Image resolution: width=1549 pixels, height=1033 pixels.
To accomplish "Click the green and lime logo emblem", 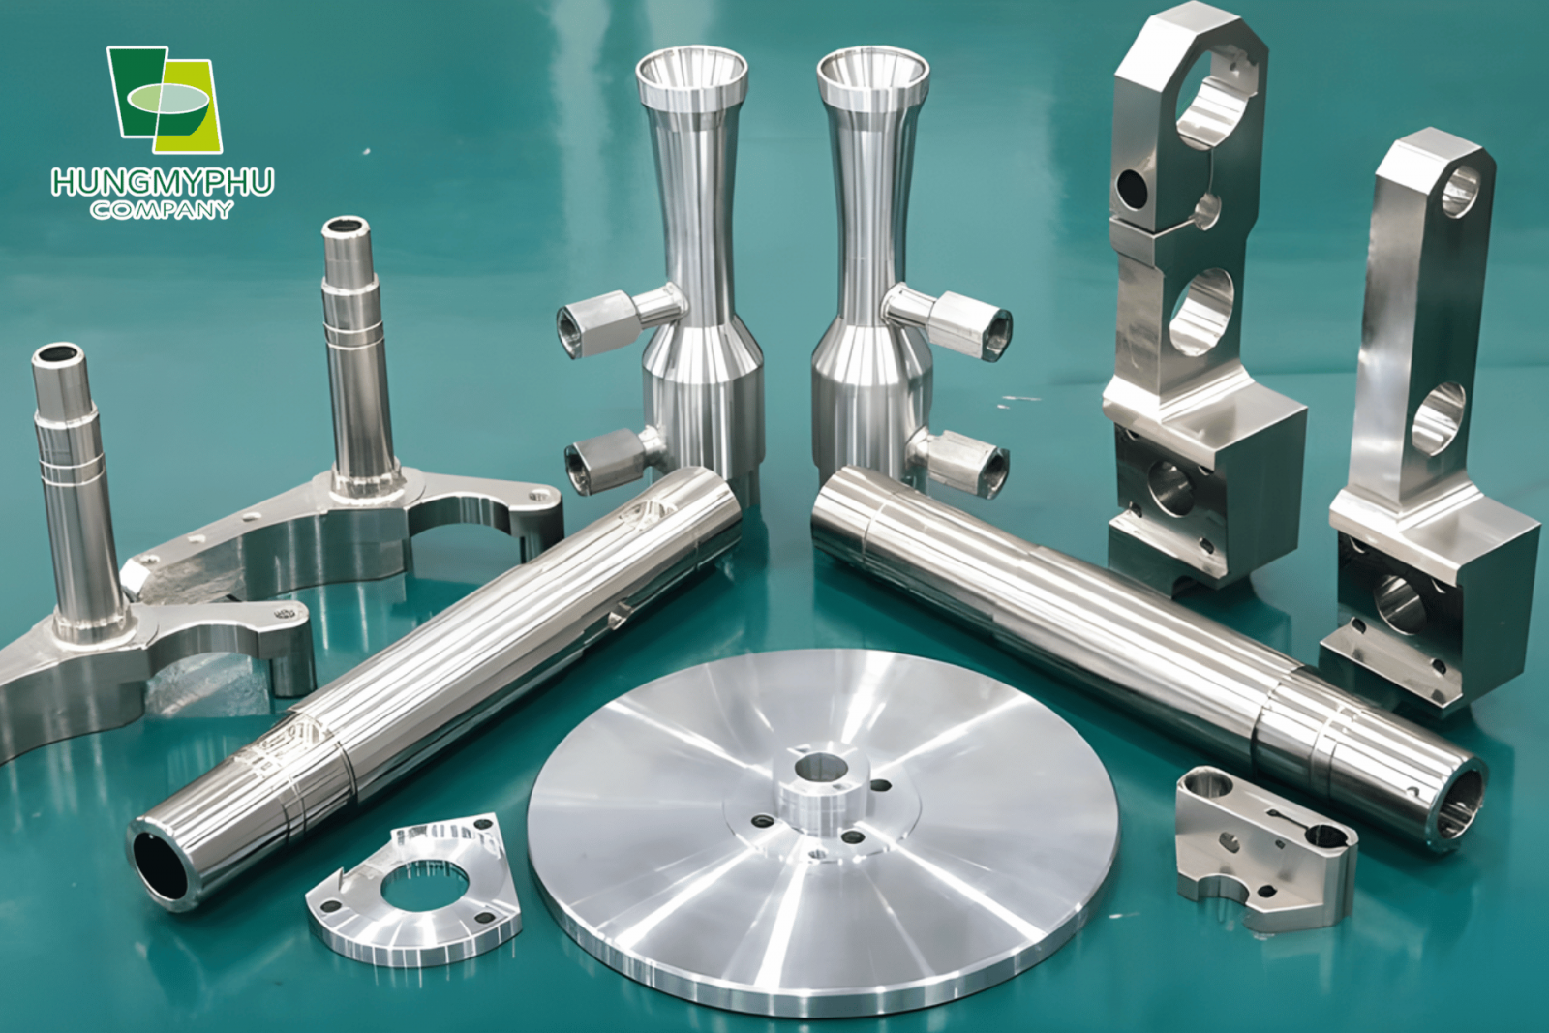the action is pos(164,100).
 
